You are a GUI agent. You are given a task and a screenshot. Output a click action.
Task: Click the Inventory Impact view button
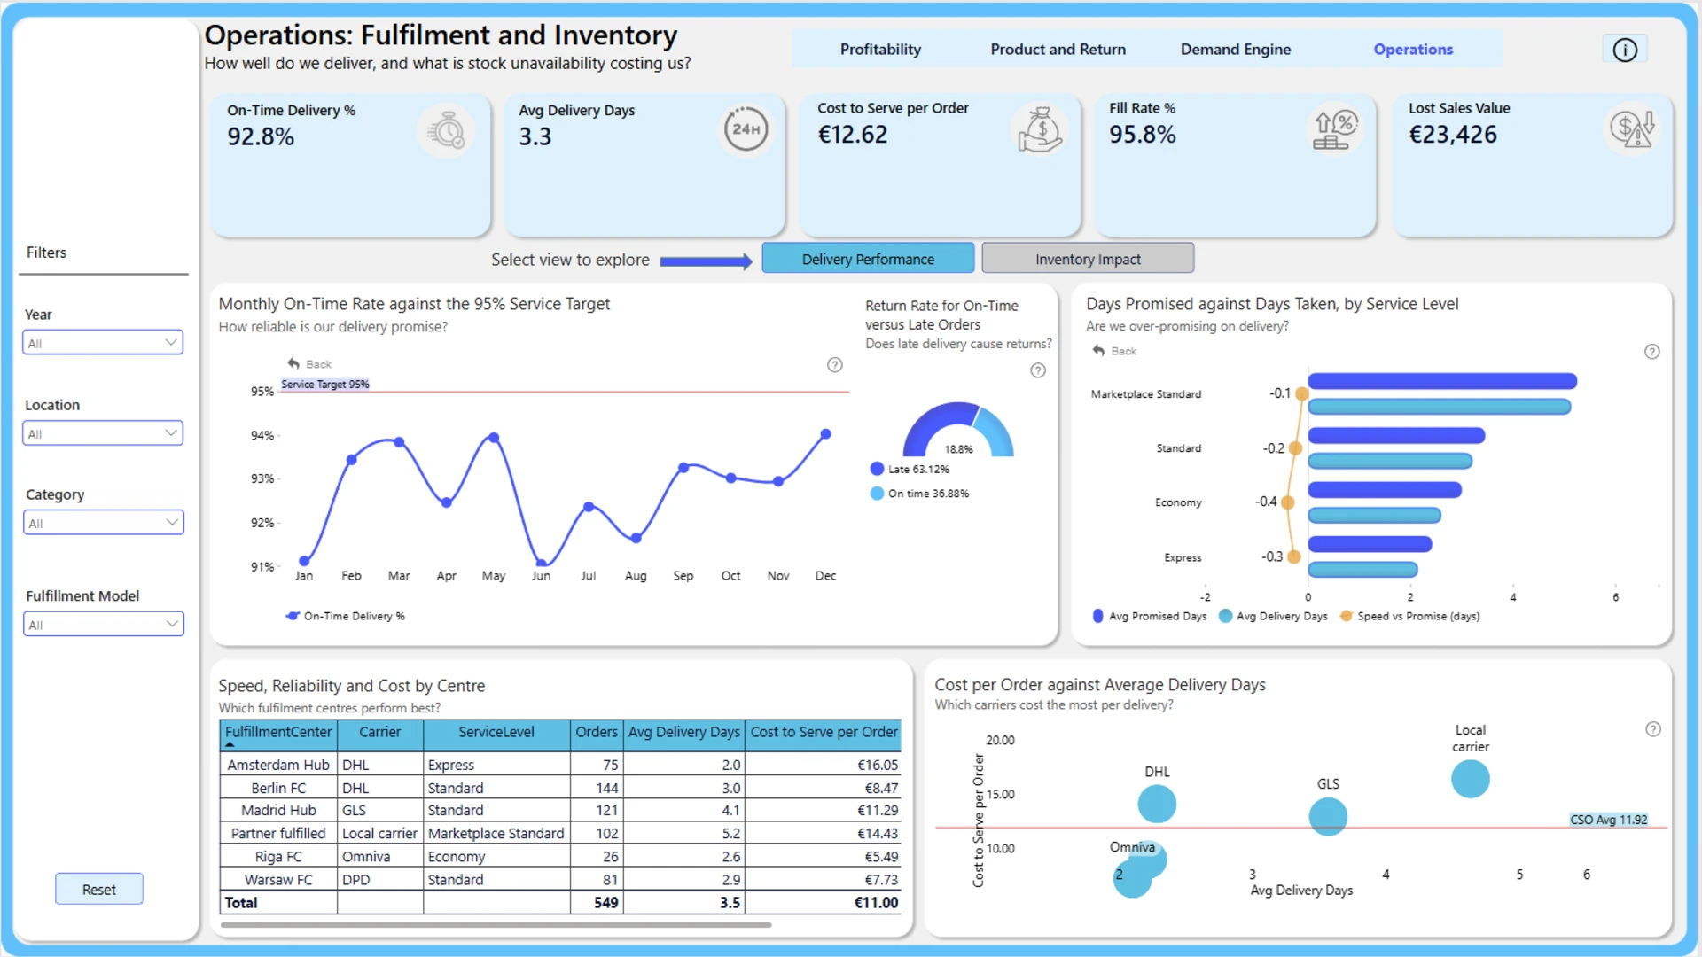[1088, 259]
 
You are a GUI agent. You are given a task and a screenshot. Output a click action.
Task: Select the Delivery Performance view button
[868, 259]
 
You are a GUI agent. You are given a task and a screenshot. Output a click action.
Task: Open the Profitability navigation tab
[880, 50]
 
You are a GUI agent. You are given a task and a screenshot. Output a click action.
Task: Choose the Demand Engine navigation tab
[1235, 50]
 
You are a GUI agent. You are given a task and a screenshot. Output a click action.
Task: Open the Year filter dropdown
[103, 343]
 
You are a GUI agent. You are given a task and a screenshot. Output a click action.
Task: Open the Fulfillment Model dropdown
[103, 625]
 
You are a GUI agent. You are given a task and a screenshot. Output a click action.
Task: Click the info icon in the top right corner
[1624, 51]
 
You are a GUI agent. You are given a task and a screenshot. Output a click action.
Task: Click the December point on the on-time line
[825, 434]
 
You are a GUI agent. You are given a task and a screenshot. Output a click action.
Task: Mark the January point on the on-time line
[304, 561]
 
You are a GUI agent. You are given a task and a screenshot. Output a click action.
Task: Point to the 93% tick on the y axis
[262, 478]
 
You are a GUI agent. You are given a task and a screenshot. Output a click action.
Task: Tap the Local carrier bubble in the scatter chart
[1470, 779]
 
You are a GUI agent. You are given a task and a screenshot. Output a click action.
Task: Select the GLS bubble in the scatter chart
[1328, 816]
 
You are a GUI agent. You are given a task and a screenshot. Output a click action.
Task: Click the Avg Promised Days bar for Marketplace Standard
[1442, 381]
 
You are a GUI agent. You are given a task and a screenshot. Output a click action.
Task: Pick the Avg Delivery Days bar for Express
[1363, 570]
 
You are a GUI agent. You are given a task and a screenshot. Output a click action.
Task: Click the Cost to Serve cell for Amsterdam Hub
[877, 765]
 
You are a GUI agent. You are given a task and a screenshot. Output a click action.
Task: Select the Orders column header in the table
[596, 732]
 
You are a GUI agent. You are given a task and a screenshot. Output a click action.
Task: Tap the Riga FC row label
[278, 857]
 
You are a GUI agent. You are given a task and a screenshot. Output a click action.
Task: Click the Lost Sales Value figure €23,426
[1453, 135]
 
